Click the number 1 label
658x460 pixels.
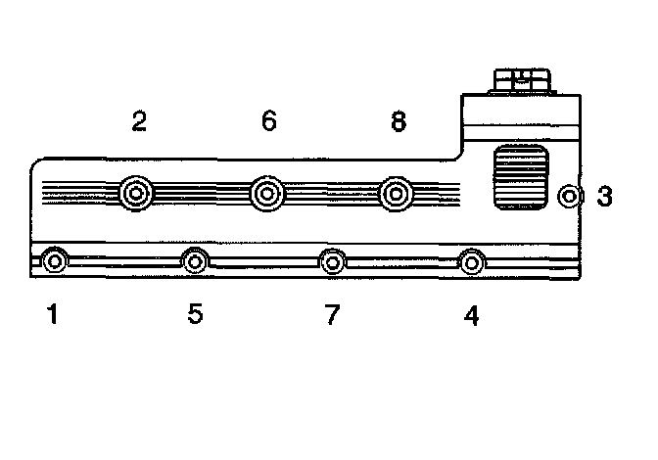coord(53,315)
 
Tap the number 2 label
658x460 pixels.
coord(139,121)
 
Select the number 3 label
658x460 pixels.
coord(605,197)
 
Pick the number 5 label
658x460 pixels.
coord(195,315)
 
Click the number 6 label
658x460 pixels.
coord(269,121)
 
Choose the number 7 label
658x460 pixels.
coord(332,315)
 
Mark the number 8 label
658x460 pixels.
coord(398,121)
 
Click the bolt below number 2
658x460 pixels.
coord(135,193)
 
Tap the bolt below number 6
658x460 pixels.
coord(265,193)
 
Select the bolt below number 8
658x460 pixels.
coord(395,193)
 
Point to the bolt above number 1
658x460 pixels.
coord(55,261)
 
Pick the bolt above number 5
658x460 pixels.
coord(195,261)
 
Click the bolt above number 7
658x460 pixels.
coord(333,261)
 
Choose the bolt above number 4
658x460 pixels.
coord(472,261)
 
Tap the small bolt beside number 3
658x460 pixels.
coord(570,197)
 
